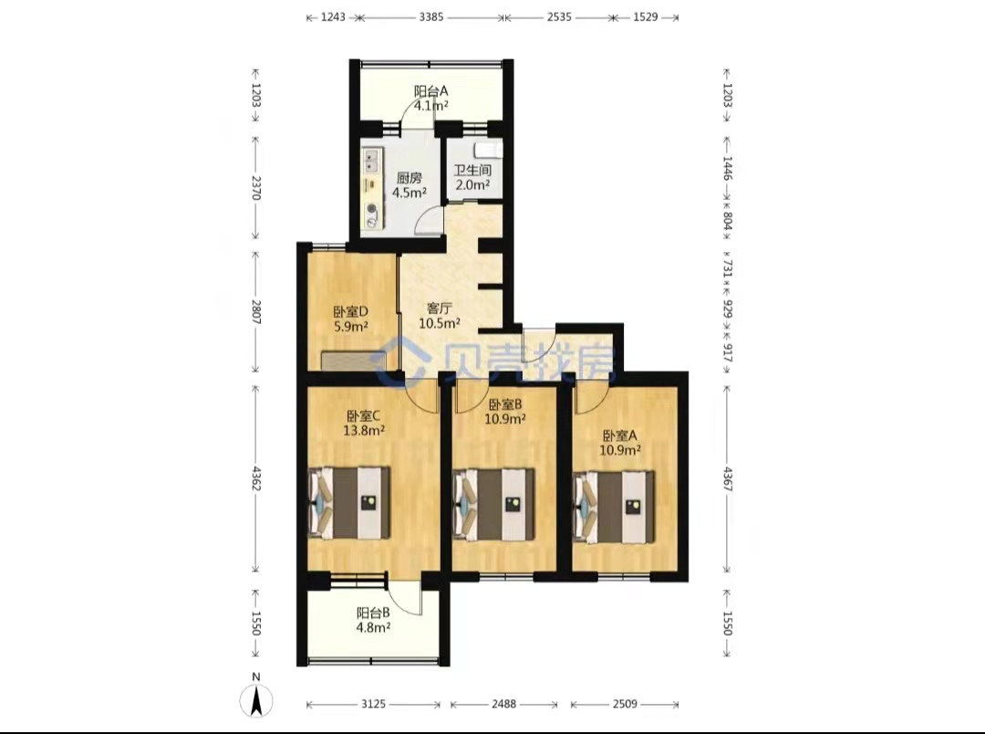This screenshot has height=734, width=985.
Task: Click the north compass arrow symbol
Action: coord(256,699)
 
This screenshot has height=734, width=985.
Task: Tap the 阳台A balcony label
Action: coord(430,91)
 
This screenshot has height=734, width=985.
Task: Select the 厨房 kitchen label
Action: coord(409,178)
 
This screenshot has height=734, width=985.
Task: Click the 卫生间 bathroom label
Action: coord(472,170)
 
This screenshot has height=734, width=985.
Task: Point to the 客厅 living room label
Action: coord(439,309)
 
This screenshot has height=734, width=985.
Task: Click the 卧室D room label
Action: coord(350,311)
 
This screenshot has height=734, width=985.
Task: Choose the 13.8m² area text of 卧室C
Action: coord(364,431)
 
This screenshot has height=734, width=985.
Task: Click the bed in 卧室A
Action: coord(614,508)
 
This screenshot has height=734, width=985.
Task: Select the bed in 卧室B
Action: coord(493,505)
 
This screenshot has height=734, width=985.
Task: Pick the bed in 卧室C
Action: coord(348,503)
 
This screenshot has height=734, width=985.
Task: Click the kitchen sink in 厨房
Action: coord(369,161)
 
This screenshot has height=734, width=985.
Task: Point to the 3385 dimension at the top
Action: coord(430,17)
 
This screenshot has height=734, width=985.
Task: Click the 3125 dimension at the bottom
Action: coord(373,705)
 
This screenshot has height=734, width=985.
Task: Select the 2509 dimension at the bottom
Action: coord(625,705)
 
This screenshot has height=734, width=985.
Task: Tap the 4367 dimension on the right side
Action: coord(728,479)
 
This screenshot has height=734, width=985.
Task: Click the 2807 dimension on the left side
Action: coord(255,311)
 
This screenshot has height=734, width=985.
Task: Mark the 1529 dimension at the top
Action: coord(645,17)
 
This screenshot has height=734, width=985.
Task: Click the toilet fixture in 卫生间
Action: coord(487,150)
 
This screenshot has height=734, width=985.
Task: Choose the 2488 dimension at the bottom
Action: coord(503,705)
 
